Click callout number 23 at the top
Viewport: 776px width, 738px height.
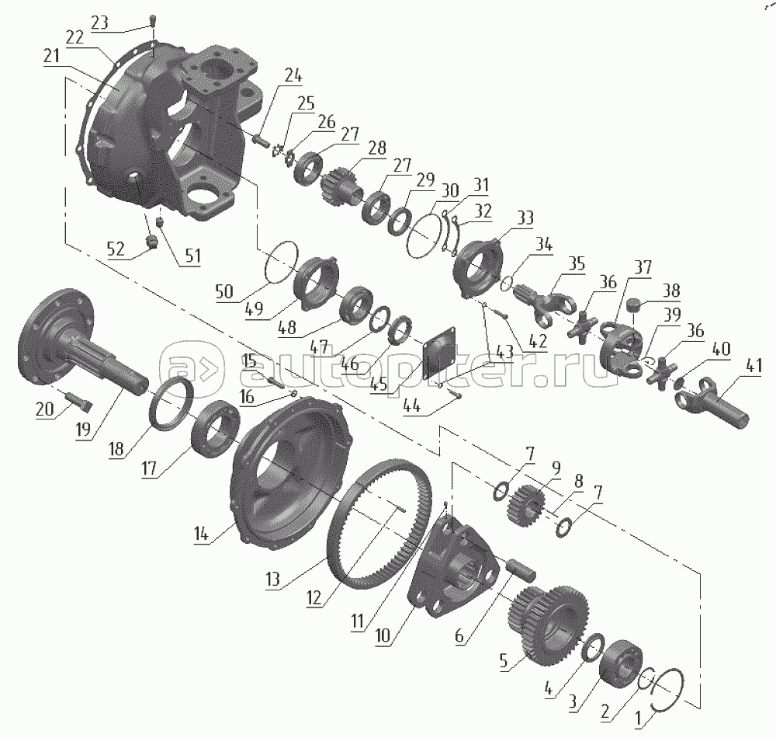pyautogui.click(x=100, y=23)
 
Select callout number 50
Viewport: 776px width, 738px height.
pyautogui.click(x=224, y=291)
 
